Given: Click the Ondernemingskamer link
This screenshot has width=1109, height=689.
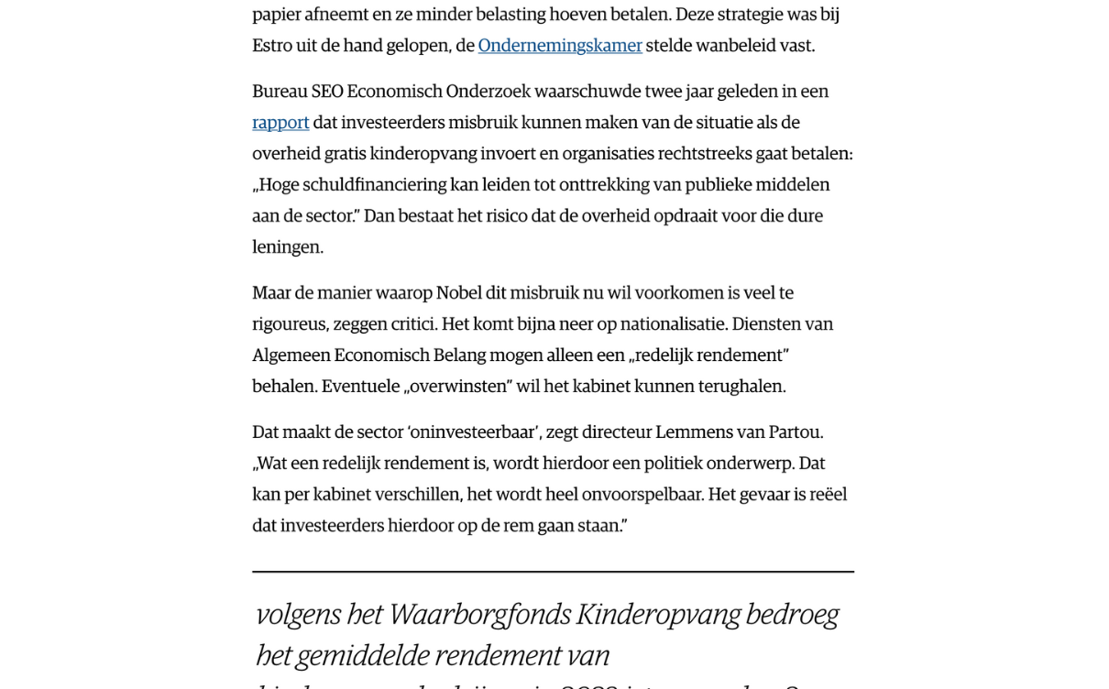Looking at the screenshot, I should click(559, 46).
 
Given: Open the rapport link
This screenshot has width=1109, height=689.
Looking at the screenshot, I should click(280, 123).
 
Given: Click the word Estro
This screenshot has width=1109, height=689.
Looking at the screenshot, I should click(272, 46).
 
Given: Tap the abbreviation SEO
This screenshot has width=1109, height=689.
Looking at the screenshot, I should click(327, 92).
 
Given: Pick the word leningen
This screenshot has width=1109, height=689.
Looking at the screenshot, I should click(287, 247).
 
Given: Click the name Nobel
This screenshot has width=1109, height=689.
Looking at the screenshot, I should click(458, 293).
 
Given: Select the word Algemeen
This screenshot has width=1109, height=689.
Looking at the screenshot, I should click(291, 355).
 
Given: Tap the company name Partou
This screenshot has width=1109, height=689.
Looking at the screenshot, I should click(796, 432).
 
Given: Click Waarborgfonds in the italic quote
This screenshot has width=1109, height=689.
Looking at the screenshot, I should click(479, 614).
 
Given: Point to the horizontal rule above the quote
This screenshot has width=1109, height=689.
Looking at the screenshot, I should click(553, 572).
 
